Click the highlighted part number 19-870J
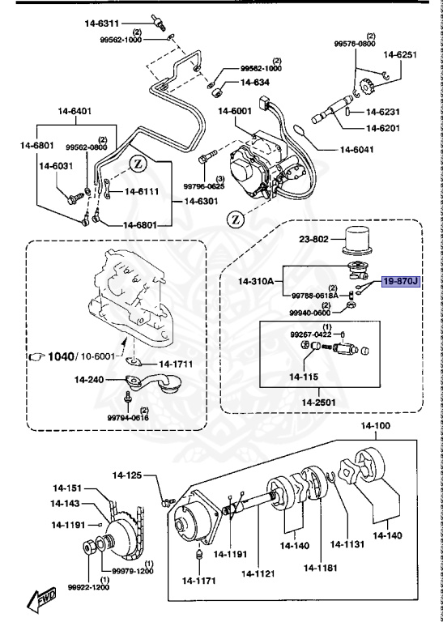[x=401, y=281]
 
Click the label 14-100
[x=375, y=426]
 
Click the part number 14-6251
[x=399, y=55]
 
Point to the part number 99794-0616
[x=128, y=417]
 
